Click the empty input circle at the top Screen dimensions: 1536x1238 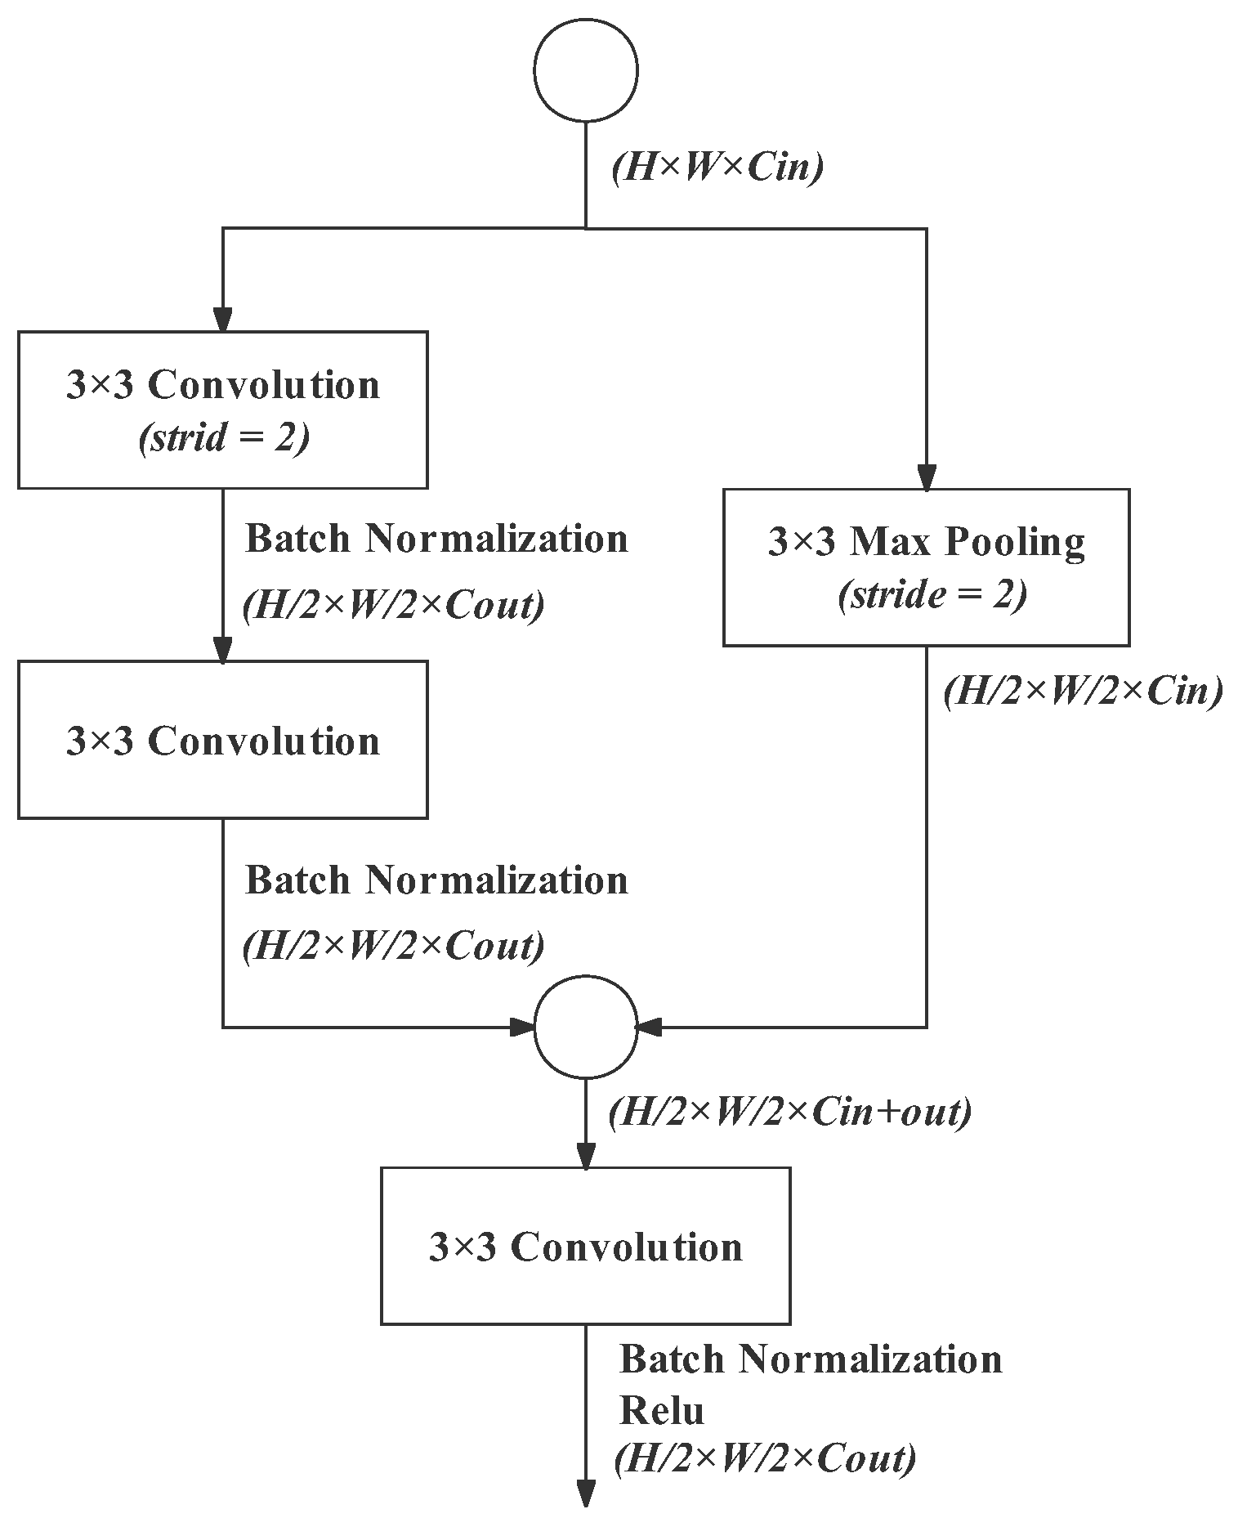tap(585, 71)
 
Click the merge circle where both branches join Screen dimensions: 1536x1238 tap(585, 1026)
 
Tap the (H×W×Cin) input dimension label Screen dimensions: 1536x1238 tap(717, 168)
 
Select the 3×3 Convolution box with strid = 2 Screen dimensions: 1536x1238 tap(222, 410)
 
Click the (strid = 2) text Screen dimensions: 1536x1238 tap(224, 439)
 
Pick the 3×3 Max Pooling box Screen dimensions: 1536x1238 tap(926, 567)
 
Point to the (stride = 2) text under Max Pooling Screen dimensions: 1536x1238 tap(932, 595)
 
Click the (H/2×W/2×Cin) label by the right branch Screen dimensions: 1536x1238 tap(1083, 692)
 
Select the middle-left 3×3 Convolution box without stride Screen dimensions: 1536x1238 tap(222, 739)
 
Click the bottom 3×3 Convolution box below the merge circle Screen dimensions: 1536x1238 tap(585, 1245)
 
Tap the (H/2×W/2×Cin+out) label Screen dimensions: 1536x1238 tap(789, 1112)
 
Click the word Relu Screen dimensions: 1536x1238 tap(661, 1410)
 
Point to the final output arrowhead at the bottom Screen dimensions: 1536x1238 tap(585, 1492)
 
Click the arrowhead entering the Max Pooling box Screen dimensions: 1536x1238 tap(926, 477)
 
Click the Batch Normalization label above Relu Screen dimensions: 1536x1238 tap(811, 1359)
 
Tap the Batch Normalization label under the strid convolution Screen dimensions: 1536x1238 tap(436, 539)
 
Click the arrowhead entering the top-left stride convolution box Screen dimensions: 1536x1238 tap(222, 320)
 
